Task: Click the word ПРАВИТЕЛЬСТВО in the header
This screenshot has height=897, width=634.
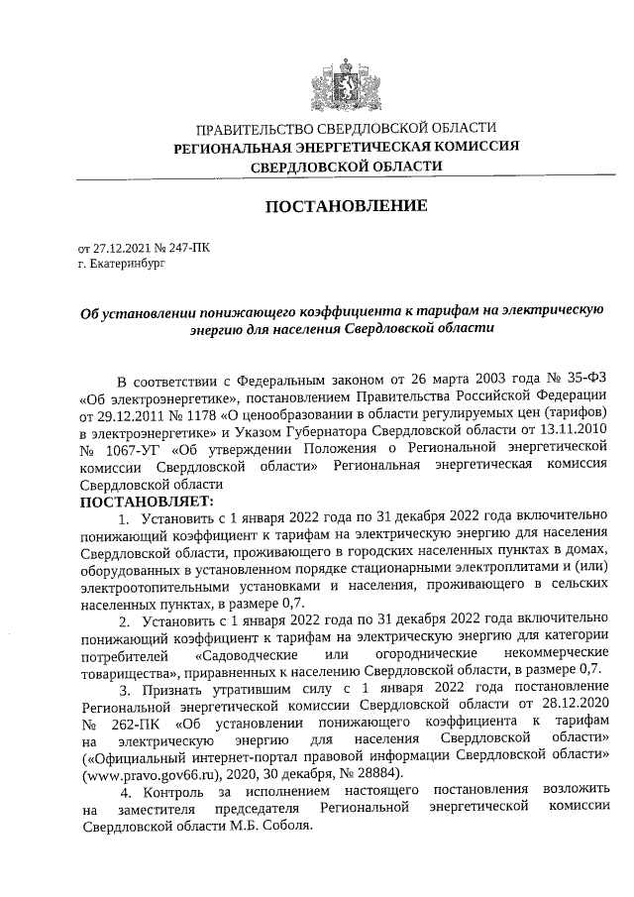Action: [x=252, y=130]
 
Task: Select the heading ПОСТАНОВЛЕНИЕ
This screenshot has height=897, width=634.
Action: [x=346, y=206]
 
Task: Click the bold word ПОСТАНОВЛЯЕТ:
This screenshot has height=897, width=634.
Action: [x=139, y=503]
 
